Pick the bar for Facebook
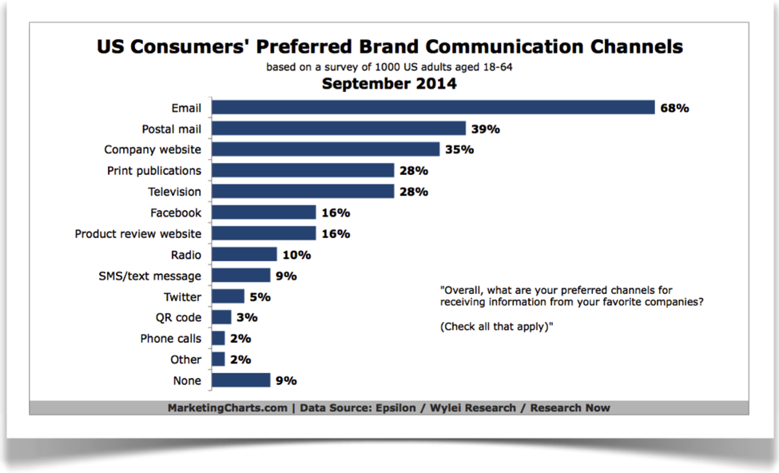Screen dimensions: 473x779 click(264, 213)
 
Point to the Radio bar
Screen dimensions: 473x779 click(244, 255)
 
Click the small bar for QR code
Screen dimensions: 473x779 click(221, 318)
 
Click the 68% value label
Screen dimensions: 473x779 click(674, 108)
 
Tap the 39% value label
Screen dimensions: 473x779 click(485, 129)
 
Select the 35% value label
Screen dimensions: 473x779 click(459, 149)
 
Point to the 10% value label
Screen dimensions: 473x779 click(296, 255)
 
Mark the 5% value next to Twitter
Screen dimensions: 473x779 click(260, 297)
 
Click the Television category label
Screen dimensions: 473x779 click(174, 192)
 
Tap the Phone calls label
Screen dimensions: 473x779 click(171, 339)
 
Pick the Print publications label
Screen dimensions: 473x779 click(154, 170)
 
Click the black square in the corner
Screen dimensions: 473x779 click(60, 49)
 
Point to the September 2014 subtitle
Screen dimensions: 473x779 click(389, 83)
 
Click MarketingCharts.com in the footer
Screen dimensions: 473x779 click(226, 408)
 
